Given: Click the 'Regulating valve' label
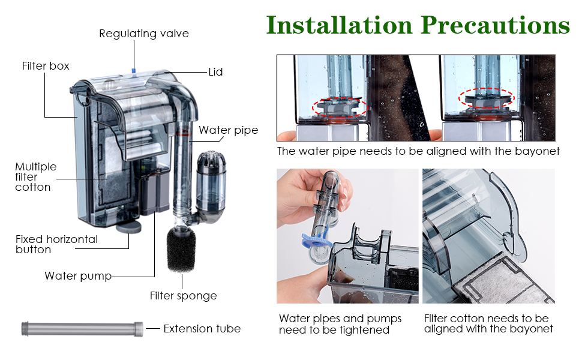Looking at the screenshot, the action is [x=144, y=34].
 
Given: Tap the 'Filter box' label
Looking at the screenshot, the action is [x=46, y=66].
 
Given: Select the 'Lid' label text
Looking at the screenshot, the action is [x=215, y=72].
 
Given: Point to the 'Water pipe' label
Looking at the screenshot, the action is [x=228, y=130].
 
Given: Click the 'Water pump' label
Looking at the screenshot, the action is [x=78, y=276].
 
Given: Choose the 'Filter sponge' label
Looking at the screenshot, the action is [x=184, y=296].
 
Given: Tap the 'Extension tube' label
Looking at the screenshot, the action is [x=202, y=329].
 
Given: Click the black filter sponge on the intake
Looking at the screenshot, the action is [x=181, y=250].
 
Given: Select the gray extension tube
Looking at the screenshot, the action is [x=82, y=329].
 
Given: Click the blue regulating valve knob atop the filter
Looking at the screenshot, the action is [x=134, y=71].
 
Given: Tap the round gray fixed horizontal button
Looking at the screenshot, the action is [x=129, y=227].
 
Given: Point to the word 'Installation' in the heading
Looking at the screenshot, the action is [x=339, y=25].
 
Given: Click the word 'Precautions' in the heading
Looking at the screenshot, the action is [x=495, y=25].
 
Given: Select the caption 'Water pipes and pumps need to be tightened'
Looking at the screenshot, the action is [x=340, y=325].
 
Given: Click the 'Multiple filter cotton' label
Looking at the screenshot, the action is [x=35, y=176].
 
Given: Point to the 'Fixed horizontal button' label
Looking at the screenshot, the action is [x=56, y=244].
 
